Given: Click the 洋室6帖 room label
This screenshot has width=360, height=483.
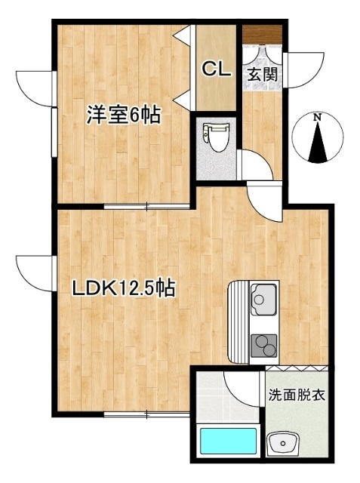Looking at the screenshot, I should click(x=122, y=115).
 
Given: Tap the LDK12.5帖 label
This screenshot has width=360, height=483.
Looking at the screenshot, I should click(x=124, y=288).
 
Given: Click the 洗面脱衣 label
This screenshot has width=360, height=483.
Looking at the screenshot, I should click(x=297, y=395).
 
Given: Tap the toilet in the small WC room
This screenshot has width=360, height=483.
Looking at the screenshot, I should click(x=216, y=137).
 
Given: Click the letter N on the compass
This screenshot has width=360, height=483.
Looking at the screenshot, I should click(x=318, y=118).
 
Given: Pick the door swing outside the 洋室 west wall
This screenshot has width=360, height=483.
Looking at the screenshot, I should click(x=34, y=88).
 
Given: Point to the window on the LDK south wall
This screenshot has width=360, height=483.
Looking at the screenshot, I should click(x=147, y=414).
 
